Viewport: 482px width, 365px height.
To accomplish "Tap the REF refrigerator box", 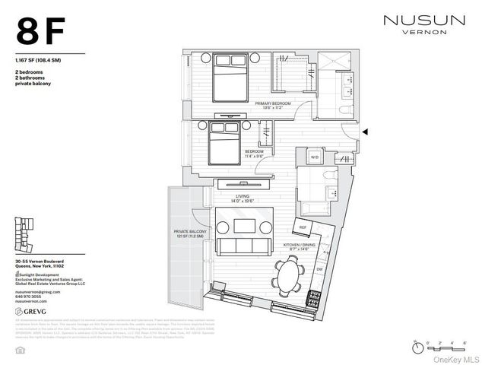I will pos(303,227).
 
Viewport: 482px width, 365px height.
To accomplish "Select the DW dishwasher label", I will pos(319,268).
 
